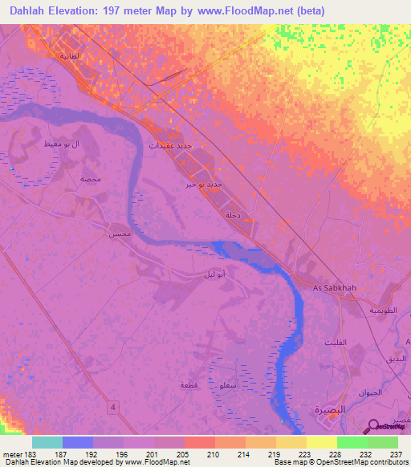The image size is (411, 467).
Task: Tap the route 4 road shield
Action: pyautogui.click(x=113, y=408)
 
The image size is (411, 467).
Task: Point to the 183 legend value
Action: pyautogui.click(x=29, y=453)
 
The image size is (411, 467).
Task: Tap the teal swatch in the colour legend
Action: pyautogui.click(x=47, y=442)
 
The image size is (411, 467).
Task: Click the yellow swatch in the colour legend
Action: pyautogui.click(x=321, y=442)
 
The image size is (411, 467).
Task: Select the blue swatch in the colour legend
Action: pyautogui.click(x=78, y=442)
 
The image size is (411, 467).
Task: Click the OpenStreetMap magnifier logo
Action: pyautogui.click(x=374, y=426)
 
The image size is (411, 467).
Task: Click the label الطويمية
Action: pyautogui.click(x=383, y=309)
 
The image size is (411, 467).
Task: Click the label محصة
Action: pyautogui.click(x=90, y=179)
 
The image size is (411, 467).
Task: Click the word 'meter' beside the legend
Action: pyautogui.click(x=12, y=453)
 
